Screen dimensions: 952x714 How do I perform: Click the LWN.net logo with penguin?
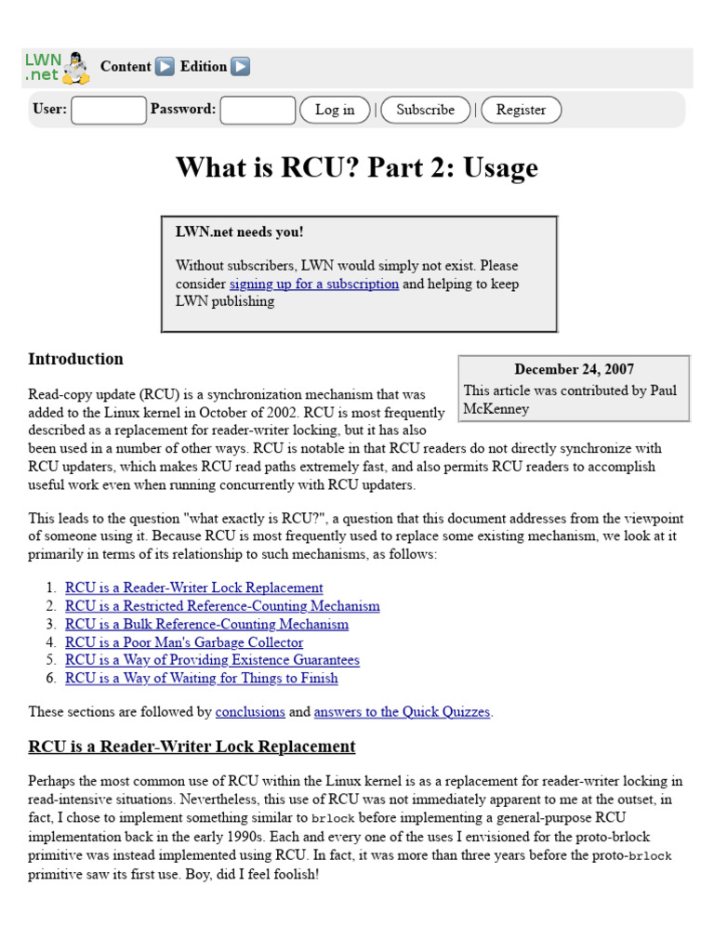pyautogui.click(x=57, y=67)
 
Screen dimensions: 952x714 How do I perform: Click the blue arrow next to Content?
pyautogui.click(x=165, y=67)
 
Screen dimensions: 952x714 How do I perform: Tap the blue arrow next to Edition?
pyautogui.click(x=240, y=67)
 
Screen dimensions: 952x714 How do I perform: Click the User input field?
pyautogui.click(x=109, y=110)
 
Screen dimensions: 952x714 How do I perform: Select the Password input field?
pyautogui.click(x=258, y=110)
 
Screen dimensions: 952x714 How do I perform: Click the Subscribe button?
pyautogui.click(x=425, y=110)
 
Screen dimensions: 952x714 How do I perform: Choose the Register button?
pyautogui.click(x=521, y=110)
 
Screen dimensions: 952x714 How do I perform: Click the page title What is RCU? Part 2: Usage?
pyautogui.click(x=357, y=168)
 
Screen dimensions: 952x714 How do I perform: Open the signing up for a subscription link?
pyautogui.click(x=314, y=284)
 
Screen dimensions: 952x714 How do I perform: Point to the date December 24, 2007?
pyautogui.click(x=575, y=369)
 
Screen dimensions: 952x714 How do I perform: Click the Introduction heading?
pyautogui.click(x=75, y=359)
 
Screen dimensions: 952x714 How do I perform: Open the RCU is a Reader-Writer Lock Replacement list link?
pyautogui.click(x=194, y=588)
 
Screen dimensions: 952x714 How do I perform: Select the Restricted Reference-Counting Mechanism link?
pyautogui.click(x=222, y=606)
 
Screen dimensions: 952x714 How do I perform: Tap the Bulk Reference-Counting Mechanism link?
pyautogui.click(x=206, y=624)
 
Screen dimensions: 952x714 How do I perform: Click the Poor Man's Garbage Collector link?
pyautogui.click(x=184, y=642)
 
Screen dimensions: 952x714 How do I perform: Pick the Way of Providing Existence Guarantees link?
pyautogui.click(x=212, y=660)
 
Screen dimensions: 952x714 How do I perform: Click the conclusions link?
pyautogui.click(x=250, y=712)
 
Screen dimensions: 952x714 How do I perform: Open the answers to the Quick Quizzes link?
pyautogui.click(x=403, y=712)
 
